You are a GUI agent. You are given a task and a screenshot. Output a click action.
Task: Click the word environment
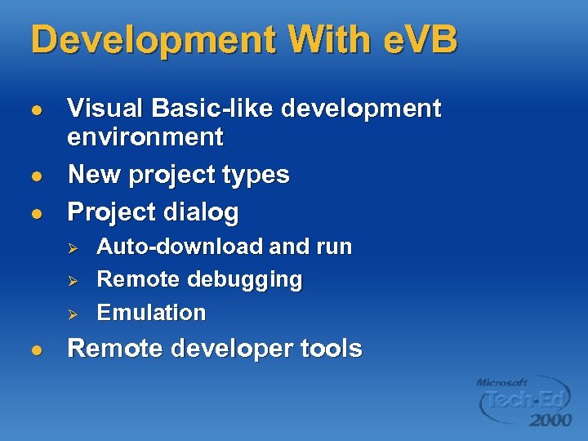coord(145,137)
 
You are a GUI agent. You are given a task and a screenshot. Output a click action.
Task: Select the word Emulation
coord(151,313)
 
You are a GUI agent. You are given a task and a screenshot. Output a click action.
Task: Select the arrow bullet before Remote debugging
coord(71,280)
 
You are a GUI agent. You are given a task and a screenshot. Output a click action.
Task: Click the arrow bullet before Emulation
coord(71,314)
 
